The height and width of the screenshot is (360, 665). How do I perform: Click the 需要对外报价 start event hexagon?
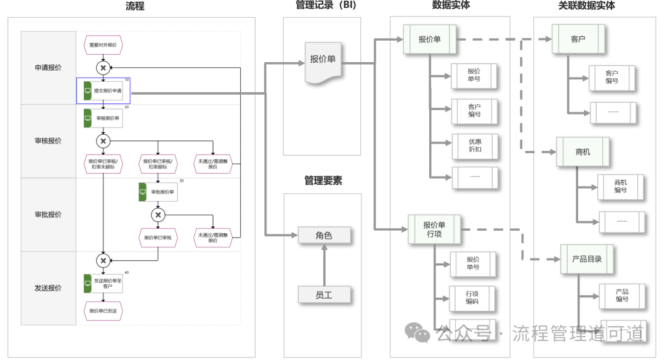click(103, 45)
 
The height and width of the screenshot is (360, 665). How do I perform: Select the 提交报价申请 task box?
click(103, 90)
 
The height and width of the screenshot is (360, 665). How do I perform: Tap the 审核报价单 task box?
click(103, 118)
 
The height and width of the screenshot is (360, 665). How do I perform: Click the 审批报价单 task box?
click(158, 192)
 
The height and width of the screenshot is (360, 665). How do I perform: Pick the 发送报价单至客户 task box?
click(103, 283)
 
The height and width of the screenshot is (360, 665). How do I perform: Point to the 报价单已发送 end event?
click(103, 311)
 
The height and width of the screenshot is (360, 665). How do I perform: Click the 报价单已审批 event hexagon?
click(158, 238)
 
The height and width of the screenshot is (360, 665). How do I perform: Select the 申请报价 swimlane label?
click(48, 68)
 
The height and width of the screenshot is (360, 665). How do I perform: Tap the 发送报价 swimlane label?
click(48, 288)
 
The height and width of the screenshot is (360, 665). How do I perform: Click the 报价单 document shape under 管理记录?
click(323, 62)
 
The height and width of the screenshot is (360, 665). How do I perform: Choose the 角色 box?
click(324, 235)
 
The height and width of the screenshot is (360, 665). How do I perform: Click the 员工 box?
click(324, 295)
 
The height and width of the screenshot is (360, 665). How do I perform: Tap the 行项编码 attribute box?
click(472, 298)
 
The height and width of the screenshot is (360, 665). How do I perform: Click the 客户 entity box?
click(578, 39)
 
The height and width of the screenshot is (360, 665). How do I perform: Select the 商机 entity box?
click(582, 151)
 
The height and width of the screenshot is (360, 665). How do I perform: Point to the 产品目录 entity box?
click(586, 259)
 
